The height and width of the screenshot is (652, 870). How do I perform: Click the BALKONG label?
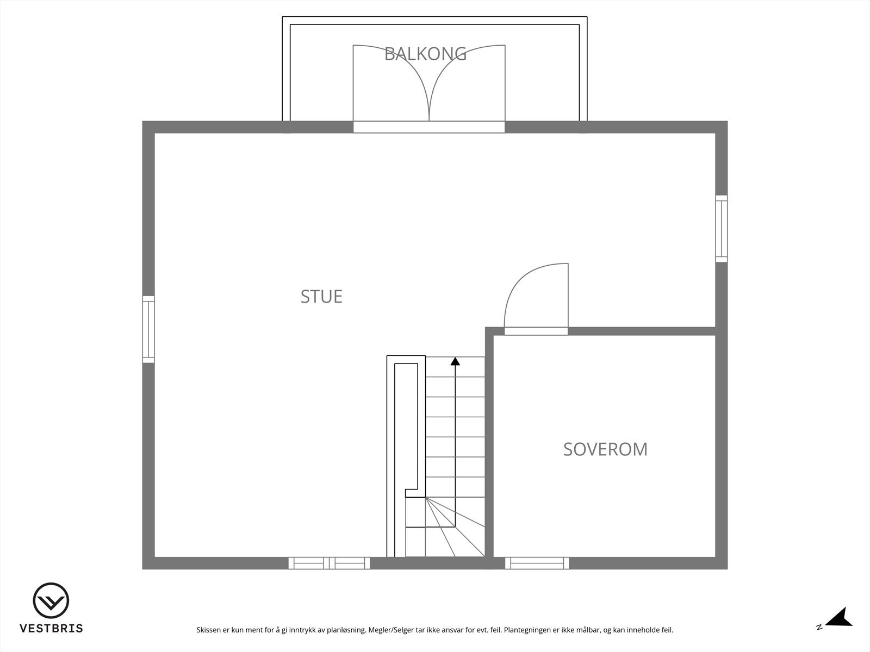point(425,54)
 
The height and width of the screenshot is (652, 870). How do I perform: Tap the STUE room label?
point(321,297)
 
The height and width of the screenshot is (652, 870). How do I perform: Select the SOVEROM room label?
point(605,449)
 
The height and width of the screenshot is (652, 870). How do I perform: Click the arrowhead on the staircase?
point(455,361)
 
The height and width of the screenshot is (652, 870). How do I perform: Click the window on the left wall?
point(148,329)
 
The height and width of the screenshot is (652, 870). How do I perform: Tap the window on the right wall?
point(721,229)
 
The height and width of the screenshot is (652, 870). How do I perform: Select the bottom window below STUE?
point(329,563)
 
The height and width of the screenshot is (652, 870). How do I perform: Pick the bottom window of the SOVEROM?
point(537,563)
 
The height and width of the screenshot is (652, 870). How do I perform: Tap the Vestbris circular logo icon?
point(51,600)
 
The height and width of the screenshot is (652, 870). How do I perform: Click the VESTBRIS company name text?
point(51,629)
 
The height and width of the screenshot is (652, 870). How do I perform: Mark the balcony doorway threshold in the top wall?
point(429,127)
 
